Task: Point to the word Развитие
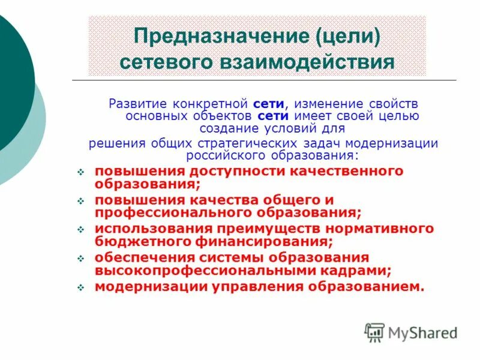tap(135, 103)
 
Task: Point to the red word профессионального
tap(173, 212)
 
